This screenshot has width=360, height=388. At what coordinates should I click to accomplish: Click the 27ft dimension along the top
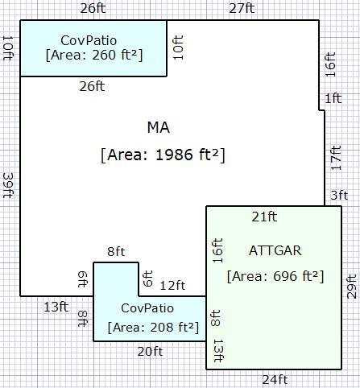point(242,8)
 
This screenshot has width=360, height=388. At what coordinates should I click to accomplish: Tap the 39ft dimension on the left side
point(8,185)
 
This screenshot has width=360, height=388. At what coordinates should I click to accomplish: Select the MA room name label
point(159,127)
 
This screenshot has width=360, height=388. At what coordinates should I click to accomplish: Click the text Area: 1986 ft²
point(163,155)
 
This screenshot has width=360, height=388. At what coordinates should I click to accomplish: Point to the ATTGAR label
point(275,250)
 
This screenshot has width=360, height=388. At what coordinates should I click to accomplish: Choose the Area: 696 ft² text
point(275,276)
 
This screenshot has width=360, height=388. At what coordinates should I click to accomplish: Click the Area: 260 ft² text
point(94,55)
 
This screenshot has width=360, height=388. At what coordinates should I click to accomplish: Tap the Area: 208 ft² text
point(153,328)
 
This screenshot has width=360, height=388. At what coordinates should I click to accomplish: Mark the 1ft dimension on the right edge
point(333,98)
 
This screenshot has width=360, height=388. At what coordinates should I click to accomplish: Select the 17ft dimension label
point(336,158)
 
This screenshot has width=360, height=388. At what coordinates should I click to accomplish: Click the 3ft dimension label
point(339,196)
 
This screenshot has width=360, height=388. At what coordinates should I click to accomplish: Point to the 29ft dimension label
point(352,287)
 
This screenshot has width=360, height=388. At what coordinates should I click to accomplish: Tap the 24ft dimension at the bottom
point(275,380)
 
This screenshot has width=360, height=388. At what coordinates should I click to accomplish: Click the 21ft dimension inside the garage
point(264,217)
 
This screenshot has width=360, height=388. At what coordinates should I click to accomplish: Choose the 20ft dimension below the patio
point(150,352)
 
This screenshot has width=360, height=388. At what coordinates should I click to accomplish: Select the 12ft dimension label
point(172,286)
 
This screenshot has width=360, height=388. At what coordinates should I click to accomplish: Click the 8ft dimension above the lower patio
point(116,252)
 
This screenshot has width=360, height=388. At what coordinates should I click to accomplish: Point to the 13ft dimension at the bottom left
point(56,307)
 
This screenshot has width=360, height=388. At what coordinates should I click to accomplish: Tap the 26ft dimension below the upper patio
point(92,87)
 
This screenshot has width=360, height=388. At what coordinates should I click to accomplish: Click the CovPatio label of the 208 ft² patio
point(147,308)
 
